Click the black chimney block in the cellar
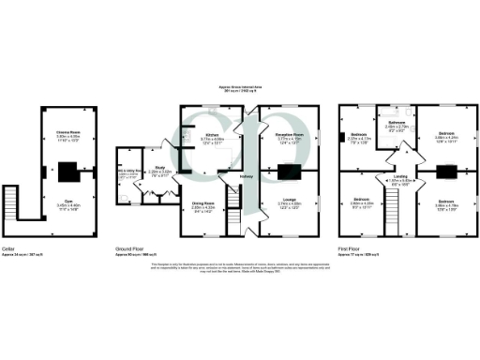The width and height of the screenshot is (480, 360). coord(67,172)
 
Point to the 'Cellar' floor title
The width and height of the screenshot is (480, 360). coord(8,248)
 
